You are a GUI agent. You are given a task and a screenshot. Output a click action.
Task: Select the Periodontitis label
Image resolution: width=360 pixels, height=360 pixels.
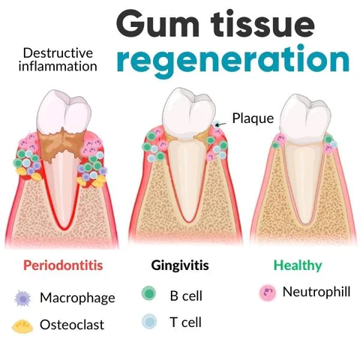tap(63, 265)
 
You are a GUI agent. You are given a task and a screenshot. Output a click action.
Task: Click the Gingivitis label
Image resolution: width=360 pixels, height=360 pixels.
tap(179, 265)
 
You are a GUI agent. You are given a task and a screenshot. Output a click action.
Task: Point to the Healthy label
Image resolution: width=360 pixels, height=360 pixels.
tap(298, 265)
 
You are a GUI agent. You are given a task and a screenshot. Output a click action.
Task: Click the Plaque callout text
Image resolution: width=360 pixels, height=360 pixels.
tap(253, 118)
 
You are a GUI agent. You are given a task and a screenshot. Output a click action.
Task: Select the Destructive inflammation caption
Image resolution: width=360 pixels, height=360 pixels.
tap(58, 59)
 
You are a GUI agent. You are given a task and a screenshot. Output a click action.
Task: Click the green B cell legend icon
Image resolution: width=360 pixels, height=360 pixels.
tap(149, 294)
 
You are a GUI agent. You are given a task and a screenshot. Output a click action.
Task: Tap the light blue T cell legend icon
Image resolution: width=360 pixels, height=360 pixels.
tap(149, 322)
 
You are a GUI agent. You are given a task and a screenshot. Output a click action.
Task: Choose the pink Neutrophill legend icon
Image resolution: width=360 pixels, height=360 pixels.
tap(265, 291)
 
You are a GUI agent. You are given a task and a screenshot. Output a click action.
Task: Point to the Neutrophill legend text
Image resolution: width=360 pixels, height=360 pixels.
tap(315, 291)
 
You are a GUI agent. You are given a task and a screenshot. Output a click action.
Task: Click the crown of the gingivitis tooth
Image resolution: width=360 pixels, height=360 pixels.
tap(187, 110)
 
